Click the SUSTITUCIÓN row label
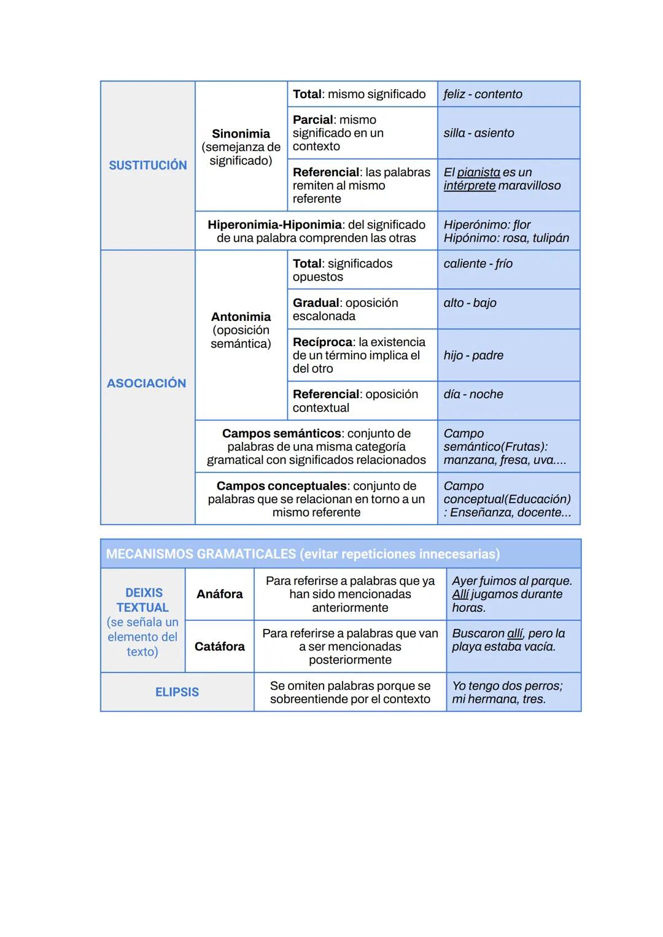click(x=148, y=165)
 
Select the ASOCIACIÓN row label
click(x=146, y=383)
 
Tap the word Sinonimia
click(x=241, y=134)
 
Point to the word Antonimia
click(x=241, y=317)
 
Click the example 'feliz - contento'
click(x=483, y=94)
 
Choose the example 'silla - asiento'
click(x=479, y=133)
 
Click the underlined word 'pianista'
click(x=478, y=172)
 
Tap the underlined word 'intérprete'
click(x=469, y=186)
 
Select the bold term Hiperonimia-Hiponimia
click(x=274, y=225)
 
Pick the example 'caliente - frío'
click(x=478, y=264)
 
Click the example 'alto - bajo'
click(x=470, y=303)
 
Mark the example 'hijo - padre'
click(x=473, y=355)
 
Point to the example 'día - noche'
click(x=473, y=395)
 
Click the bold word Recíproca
click(x=322, y=342)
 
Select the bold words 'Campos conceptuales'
click(x=281, y=486)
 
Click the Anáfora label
click(x=219, y=594)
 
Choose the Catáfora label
click(x=219, y=647)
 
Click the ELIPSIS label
click(x=177, y=692)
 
